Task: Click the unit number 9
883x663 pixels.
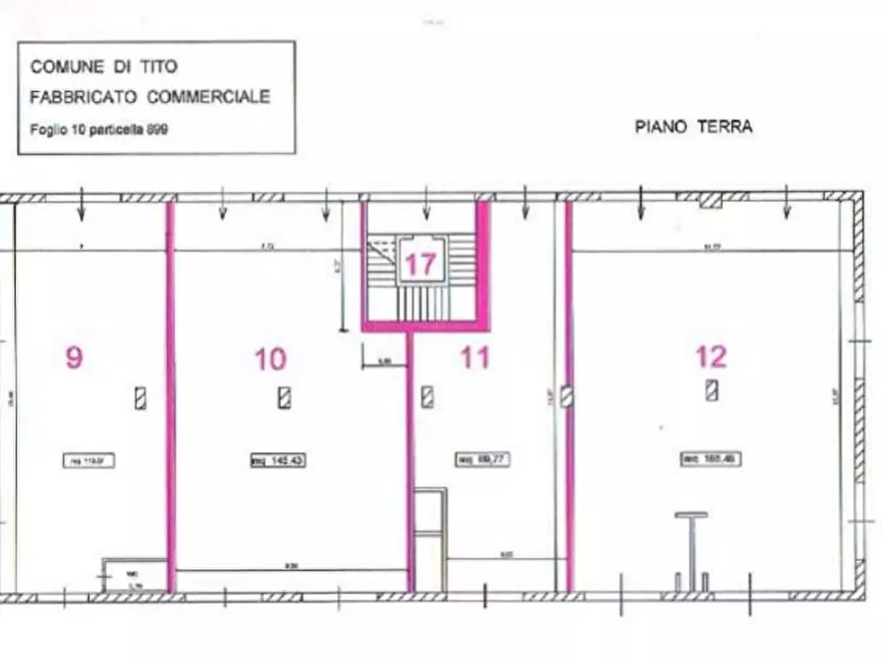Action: pyautogui.click(x=74, y=357)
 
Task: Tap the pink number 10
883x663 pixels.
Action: pyautogui.click(x=270, y=358)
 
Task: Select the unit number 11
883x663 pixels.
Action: pyautogui.click(x=476, y=356)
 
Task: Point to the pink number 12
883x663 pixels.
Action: pyautogui.click(x=711, y=356)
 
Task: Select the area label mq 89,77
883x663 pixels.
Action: pyautogui.click(x=482, y=459)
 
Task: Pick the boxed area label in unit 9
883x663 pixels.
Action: pyautogui.click(x=88, y=460)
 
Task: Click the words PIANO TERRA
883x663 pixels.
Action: pyautogui.click(x=692, y=127)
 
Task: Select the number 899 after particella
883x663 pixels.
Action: pyautogui.click(x=157, y=130)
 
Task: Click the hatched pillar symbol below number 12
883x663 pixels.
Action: pyautogui.click(x=712, y=390)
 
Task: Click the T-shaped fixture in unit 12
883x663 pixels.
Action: pyautogui.click(x=691, y=544)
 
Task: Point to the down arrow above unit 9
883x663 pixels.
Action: pyautogui.click(x=81, y=205)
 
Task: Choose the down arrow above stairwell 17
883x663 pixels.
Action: pyautogui.click(x=426, y=206)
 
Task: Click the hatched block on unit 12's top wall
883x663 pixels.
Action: pyautogui.click(x=709, y=201)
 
